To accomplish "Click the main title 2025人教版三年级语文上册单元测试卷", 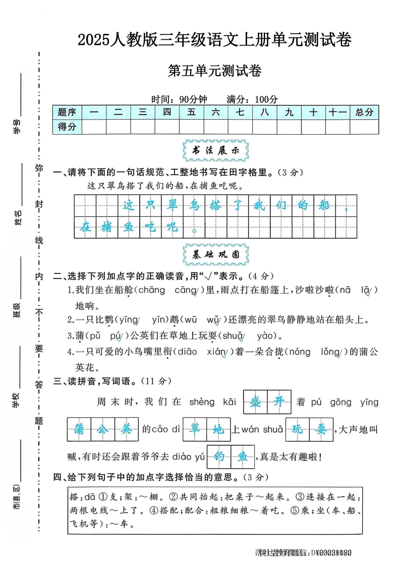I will (214, 39).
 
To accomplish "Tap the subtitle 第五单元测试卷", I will (214, 71).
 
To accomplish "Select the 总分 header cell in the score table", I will (364, 112).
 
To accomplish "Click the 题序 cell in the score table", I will (67, 112).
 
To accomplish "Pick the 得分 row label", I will (67, 127).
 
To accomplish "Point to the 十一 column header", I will (337, 112).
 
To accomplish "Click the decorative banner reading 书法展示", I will (214, 150).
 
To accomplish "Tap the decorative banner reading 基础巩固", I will (214, 255).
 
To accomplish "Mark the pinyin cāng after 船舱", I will (187, 290).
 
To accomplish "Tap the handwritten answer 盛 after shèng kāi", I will (255, 402).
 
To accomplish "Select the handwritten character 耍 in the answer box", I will (321, 429).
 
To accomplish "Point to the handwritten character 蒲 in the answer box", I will (79, 429).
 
